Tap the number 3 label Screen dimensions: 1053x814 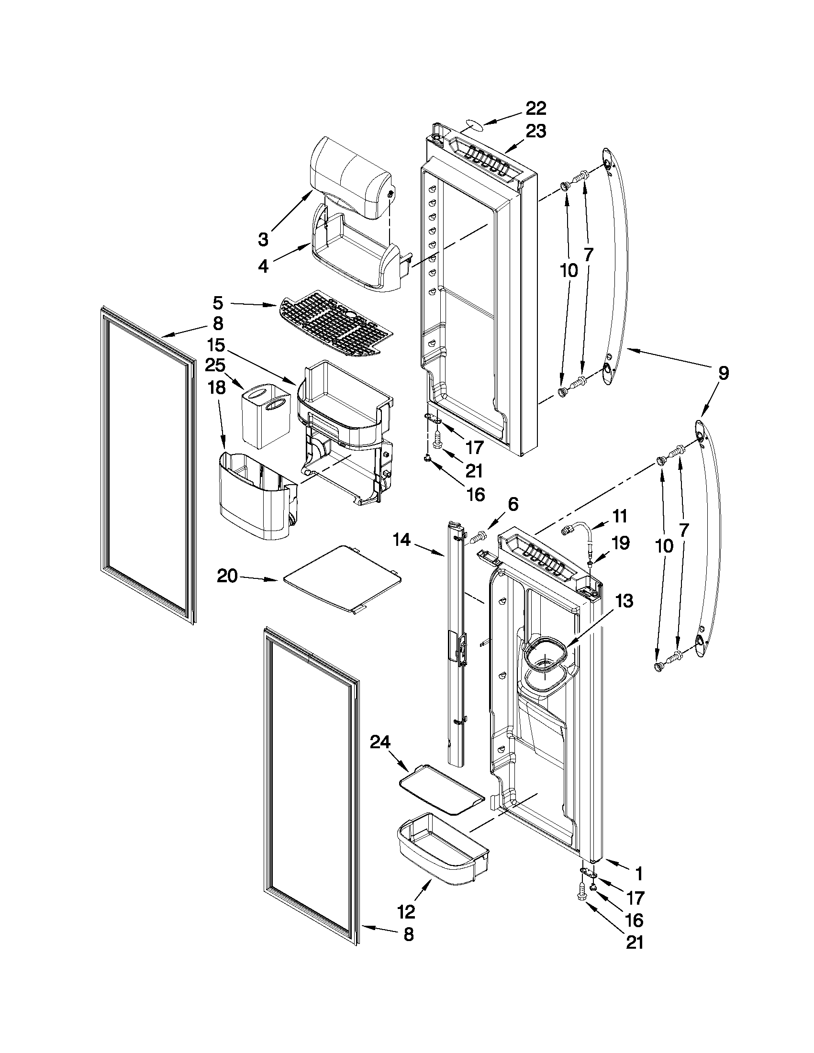point(263,239)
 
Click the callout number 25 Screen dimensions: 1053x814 point(215,366)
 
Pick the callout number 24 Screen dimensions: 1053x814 point(381,743)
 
